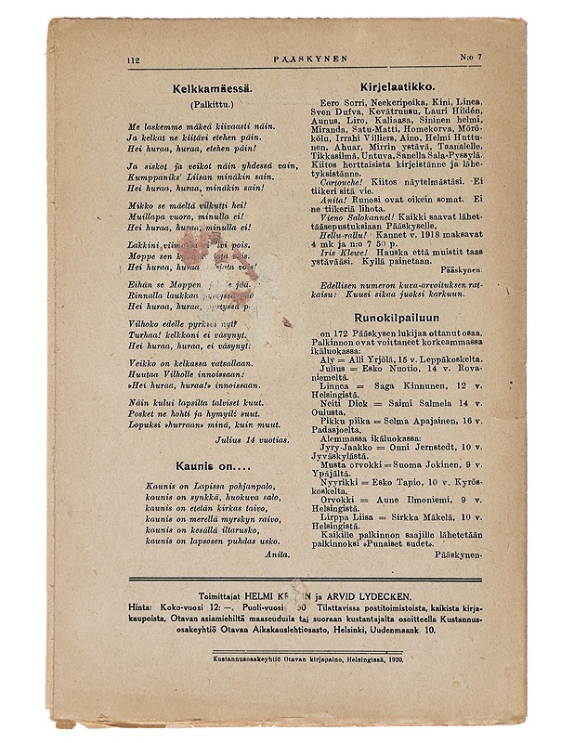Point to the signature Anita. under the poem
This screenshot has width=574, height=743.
point(277,553)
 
